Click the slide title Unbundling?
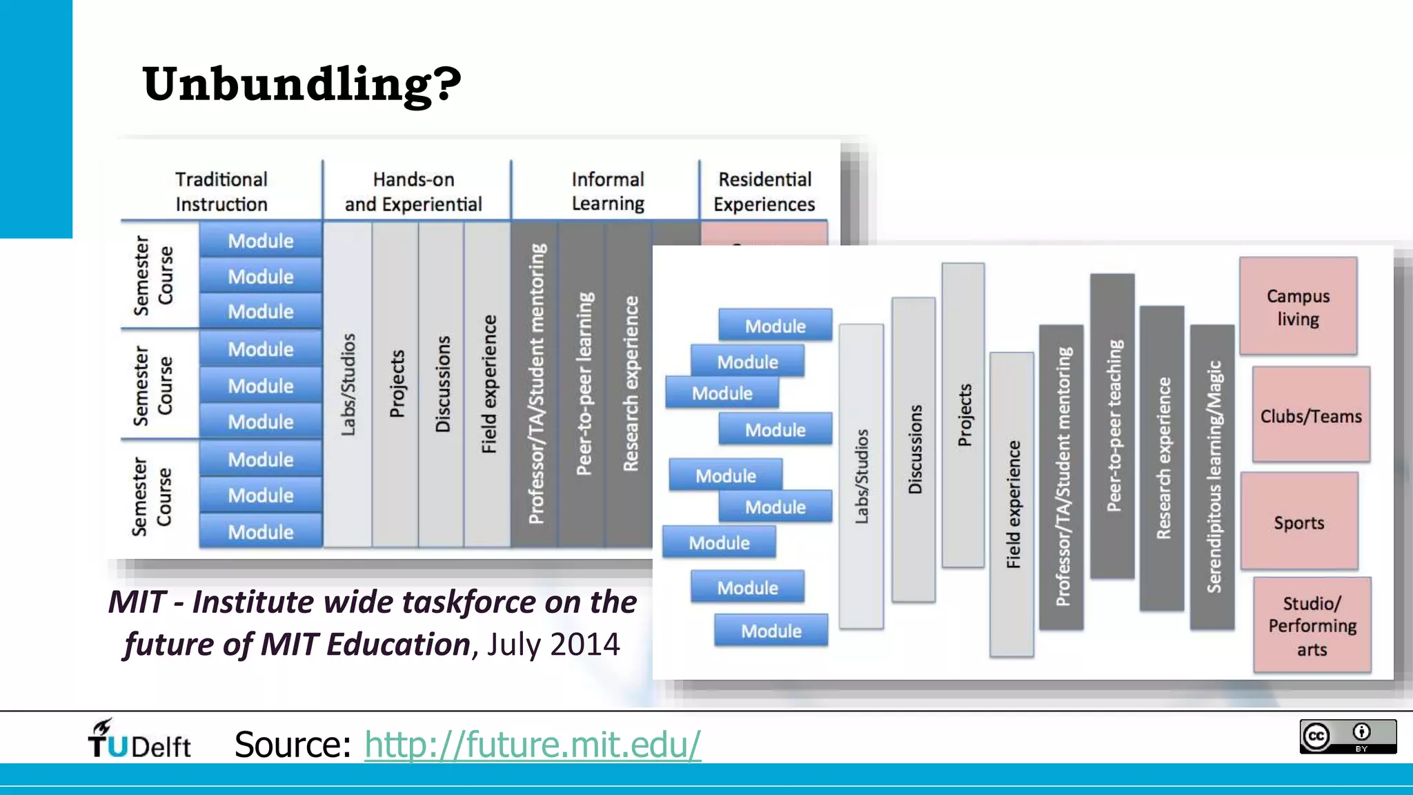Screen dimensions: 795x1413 (x=302, y=84)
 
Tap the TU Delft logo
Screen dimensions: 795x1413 (x=139, y=740)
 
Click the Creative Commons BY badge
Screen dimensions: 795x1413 (x=1347, y=736)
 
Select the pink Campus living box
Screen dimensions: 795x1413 (x=1298, y=306)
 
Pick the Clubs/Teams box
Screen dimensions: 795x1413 (x=1311, y=415)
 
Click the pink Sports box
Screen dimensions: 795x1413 (x=1299, y=522)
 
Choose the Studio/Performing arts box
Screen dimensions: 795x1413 (x=1312, y=625)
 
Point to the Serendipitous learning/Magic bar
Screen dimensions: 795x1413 (x=1212, y=477)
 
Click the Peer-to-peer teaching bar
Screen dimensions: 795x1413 (x=1112, y=426)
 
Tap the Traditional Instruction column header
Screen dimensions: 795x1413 (x=221, y=191)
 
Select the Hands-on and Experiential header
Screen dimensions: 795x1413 (x=413, y=191)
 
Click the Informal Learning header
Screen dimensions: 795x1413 (x=607, y=191)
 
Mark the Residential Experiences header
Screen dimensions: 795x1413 (x=764, y=191)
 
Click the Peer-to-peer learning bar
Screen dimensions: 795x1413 (x=584, y=384)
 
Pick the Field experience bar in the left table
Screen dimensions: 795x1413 (x=488, y=384)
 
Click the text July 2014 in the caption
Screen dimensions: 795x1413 (x=553, y=645)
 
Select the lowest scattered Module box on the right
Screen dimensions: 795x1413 (x=771, y=630)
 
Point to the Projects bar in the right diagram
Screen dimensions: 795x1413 (x=963, y=415)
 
